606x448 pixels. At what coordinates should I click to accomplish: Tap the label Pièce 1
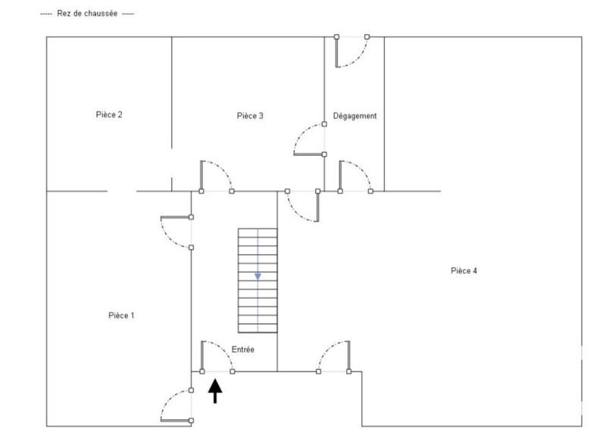coord(121,316)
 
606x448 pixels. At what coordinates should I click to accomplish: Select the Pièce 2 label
coord(109,115)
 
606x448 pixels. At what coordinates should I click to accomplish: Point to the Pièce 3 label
coord(250,116)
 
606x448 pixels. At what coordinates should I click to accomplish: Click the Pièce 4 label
coord(464,271)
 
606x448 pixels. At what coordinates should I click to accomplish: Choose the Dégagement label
coord(355,116)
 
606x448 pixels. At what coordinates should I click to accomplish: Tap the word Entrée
coord(242,350)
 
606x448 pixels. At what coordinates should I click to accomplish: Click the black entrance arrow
coord(216,390)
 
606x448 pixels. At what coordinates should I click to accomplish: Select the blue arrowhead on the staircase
coord(258,276)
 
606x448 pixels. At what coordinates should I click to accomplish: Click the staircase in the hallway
coord(258,280)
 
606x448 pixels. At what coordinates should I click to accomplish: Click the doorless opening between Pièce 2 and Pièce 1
coord(122,191)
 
